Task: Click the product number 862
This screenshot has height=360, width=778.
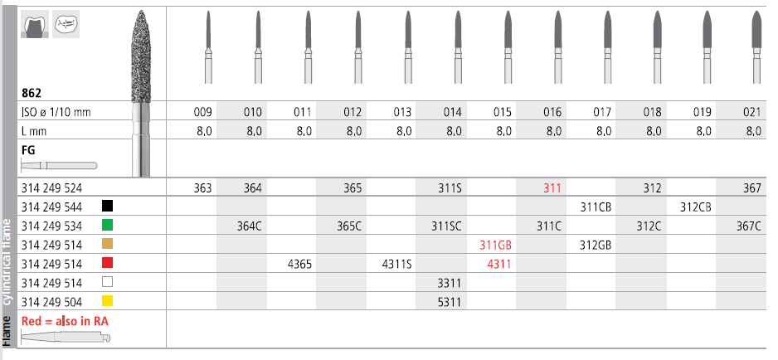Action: (32, 93)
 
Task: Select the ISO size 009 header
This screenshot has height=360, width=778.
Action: (202, 112)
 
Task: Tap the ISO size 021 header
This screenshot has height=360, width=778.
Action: (752, 112)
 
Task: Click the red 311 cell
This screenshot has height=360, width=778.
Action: (552, 188)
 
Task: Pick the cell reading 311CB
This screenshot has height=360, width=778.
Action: (596, 207)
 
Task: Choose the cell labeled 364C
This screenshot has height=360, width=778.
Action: (250, 226)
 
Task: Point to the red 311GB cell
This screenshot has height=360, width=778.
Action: (496, 245)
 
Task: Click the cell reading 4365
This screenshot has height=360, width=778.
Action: (299, 264)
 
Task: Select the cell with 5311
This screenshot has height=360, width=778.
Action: (450, 302)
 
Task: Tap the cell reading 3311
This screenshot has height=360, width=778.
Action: (450, 283)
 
